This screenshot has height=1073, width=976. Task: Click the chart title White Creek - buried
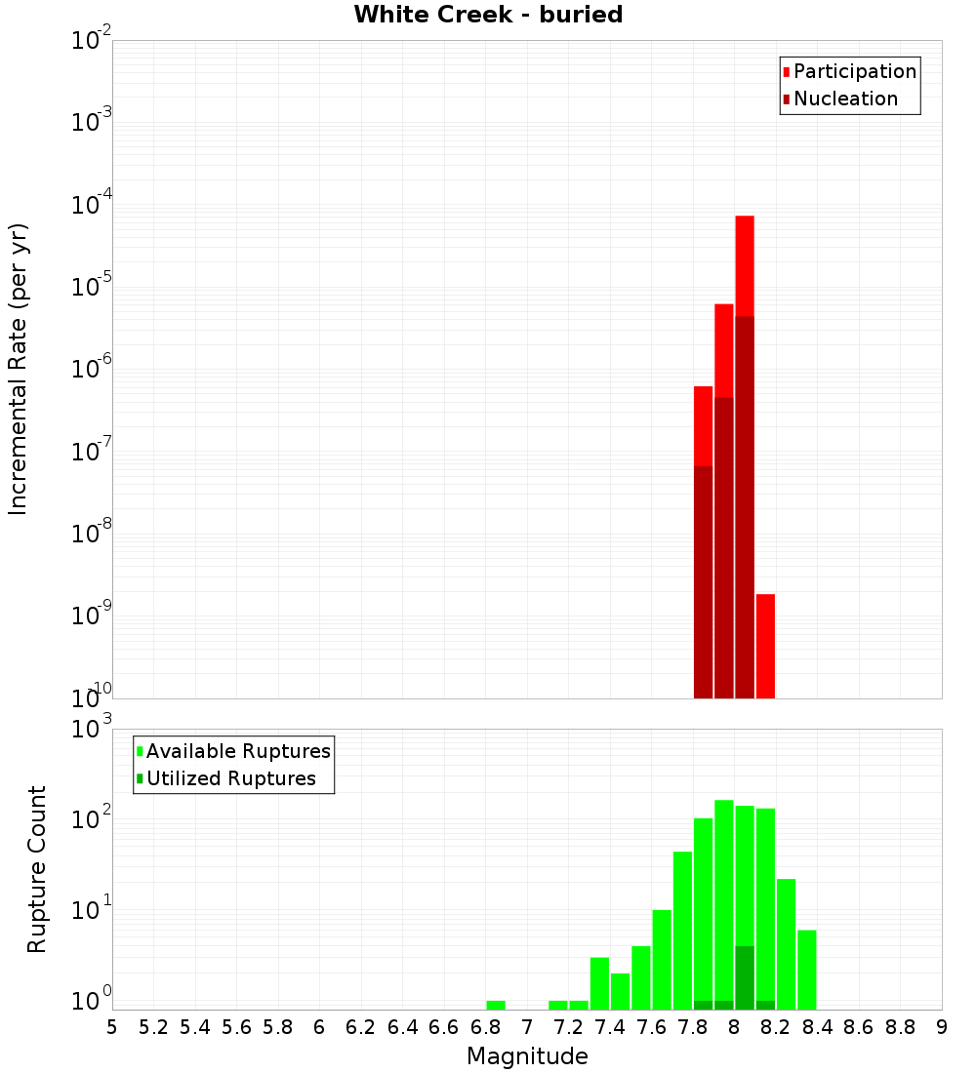click(488, 15)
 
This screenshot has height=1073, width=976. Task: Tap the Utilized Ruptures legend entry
click(230, 778)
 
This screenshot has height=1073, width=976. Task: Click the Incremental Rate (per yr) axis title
click(19, 369)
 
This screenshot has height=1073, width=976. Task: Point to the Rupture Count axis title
click(37, 869)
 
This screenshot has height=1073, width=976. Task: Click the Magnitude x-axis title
click(527, 1056)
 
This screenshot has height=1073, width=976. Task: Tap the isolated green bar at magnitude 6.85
click(496, 1005)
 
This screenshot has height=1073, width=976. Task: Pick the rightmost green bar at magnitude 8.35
click(807, 970)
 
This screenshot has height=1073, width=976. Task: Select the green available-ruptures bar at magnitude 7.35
click(599, 983)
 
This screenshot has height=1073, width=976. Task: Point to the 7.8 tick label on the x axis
click(693, 1027)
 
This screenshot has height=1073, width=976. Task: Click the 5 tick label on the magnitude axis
click(112, 1027)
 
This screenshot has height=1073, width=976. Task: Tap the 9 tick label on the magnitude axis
click(942, 1027)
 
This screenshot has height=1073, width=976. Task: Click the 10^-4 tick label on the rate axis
click(92, 204)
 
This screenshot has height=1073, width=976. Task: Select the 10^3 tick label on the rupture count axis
click(92, 727)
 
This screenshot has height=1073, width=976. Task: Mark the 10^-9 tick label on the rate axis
click(92, 615)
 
